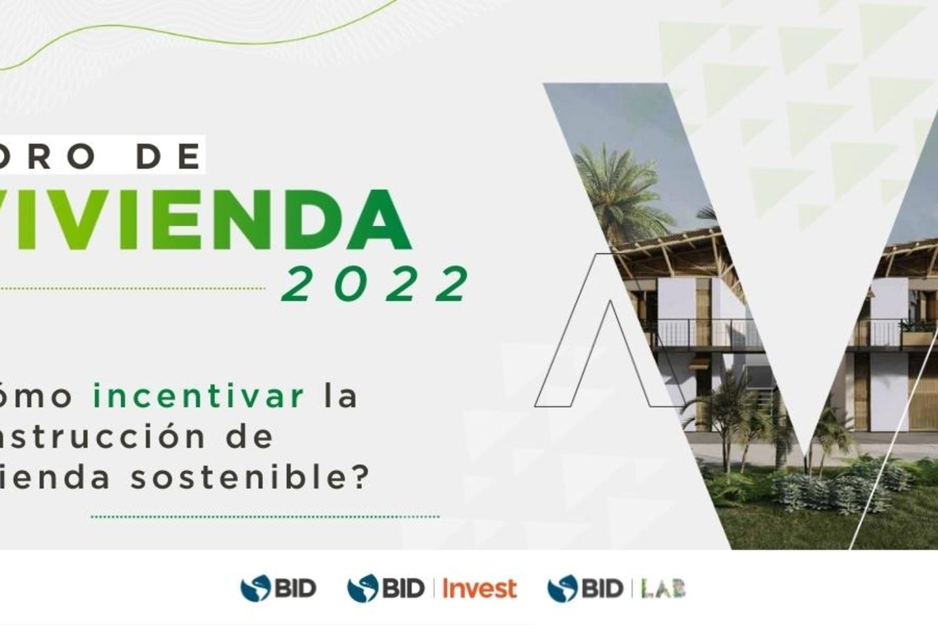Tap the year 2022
click(376, 284)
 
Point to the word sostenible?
click(250, 478)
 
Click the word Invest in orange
click(479, 589)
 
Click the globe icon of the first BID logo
click(255, 589)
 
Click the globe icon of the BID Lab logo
click(562, 589)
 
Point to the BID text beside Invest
click(403, 589)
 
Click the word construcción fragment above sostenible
click(104, 437)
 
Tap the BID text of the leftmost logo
click(294, 589)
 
